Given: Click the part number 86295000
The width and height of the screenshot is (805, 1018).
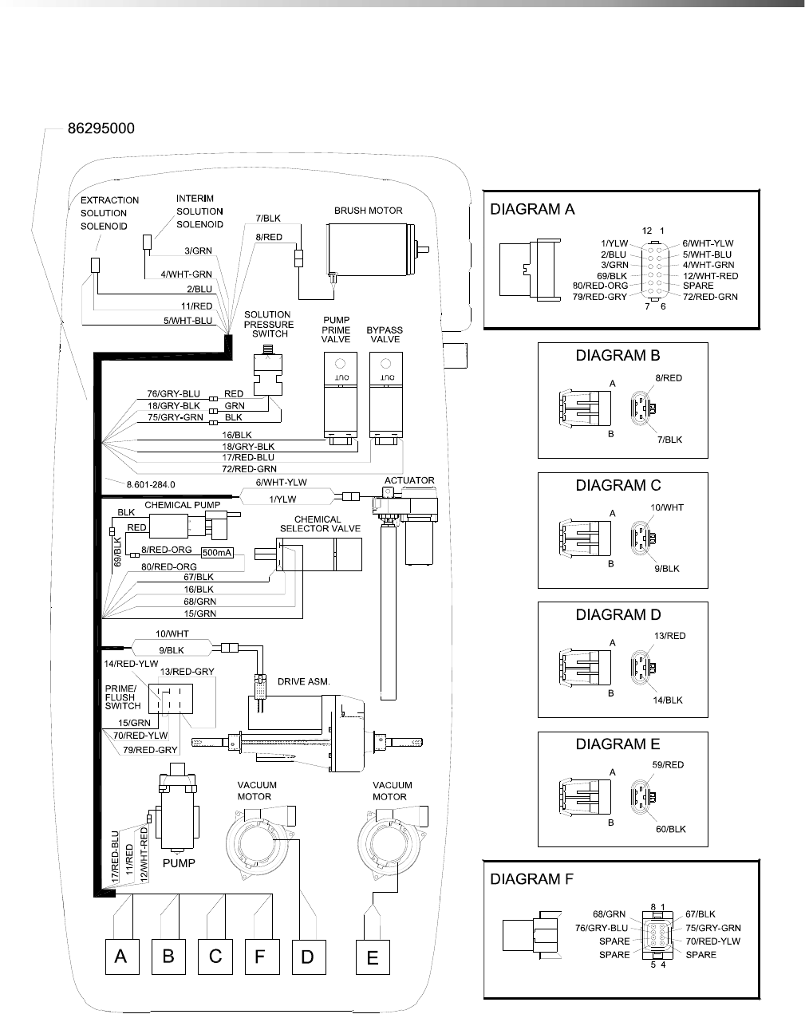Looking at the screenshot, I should [101, 128].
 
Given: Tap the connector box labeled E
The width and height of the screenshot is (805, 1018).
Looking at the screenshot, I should [373, 957].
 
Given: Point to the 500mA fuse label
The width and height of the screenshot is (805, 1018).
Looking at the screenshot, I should [218, 553].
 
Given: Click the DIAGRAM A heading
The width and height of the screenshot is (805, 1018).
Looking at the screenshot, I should [532, 210].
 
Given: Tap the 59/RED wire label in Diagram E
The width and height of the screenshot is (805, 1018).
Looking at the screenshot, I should [668, 765].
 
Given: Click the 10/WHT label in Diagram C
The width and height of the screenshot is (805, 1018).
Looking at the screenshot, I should [667, 507].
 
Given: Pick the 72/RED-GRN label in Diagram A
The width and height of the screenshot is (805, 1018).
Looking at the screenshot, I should [710, 297].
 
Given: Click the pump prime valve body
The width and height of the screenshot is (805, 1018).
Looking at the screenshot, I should [336, 396].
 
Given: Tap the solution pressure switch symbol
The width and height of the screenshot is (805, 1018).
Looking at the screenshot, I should [269, 376].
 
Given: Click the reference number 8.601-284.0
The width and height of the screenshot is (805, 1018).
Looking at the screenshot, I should [151, 484].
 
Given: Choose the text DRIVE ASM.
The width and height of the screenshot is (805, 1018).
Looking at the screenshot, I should [303, 682].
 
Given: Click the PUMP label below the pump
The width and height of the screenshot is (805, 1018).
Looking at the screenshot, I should [179, 862].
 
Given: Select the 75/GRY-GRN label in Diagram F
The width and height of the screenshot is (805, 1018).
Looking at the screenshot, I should [712, 928].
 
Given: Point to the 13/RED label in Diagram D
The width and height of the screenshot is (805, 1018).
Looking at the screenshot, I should [670, 636].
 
